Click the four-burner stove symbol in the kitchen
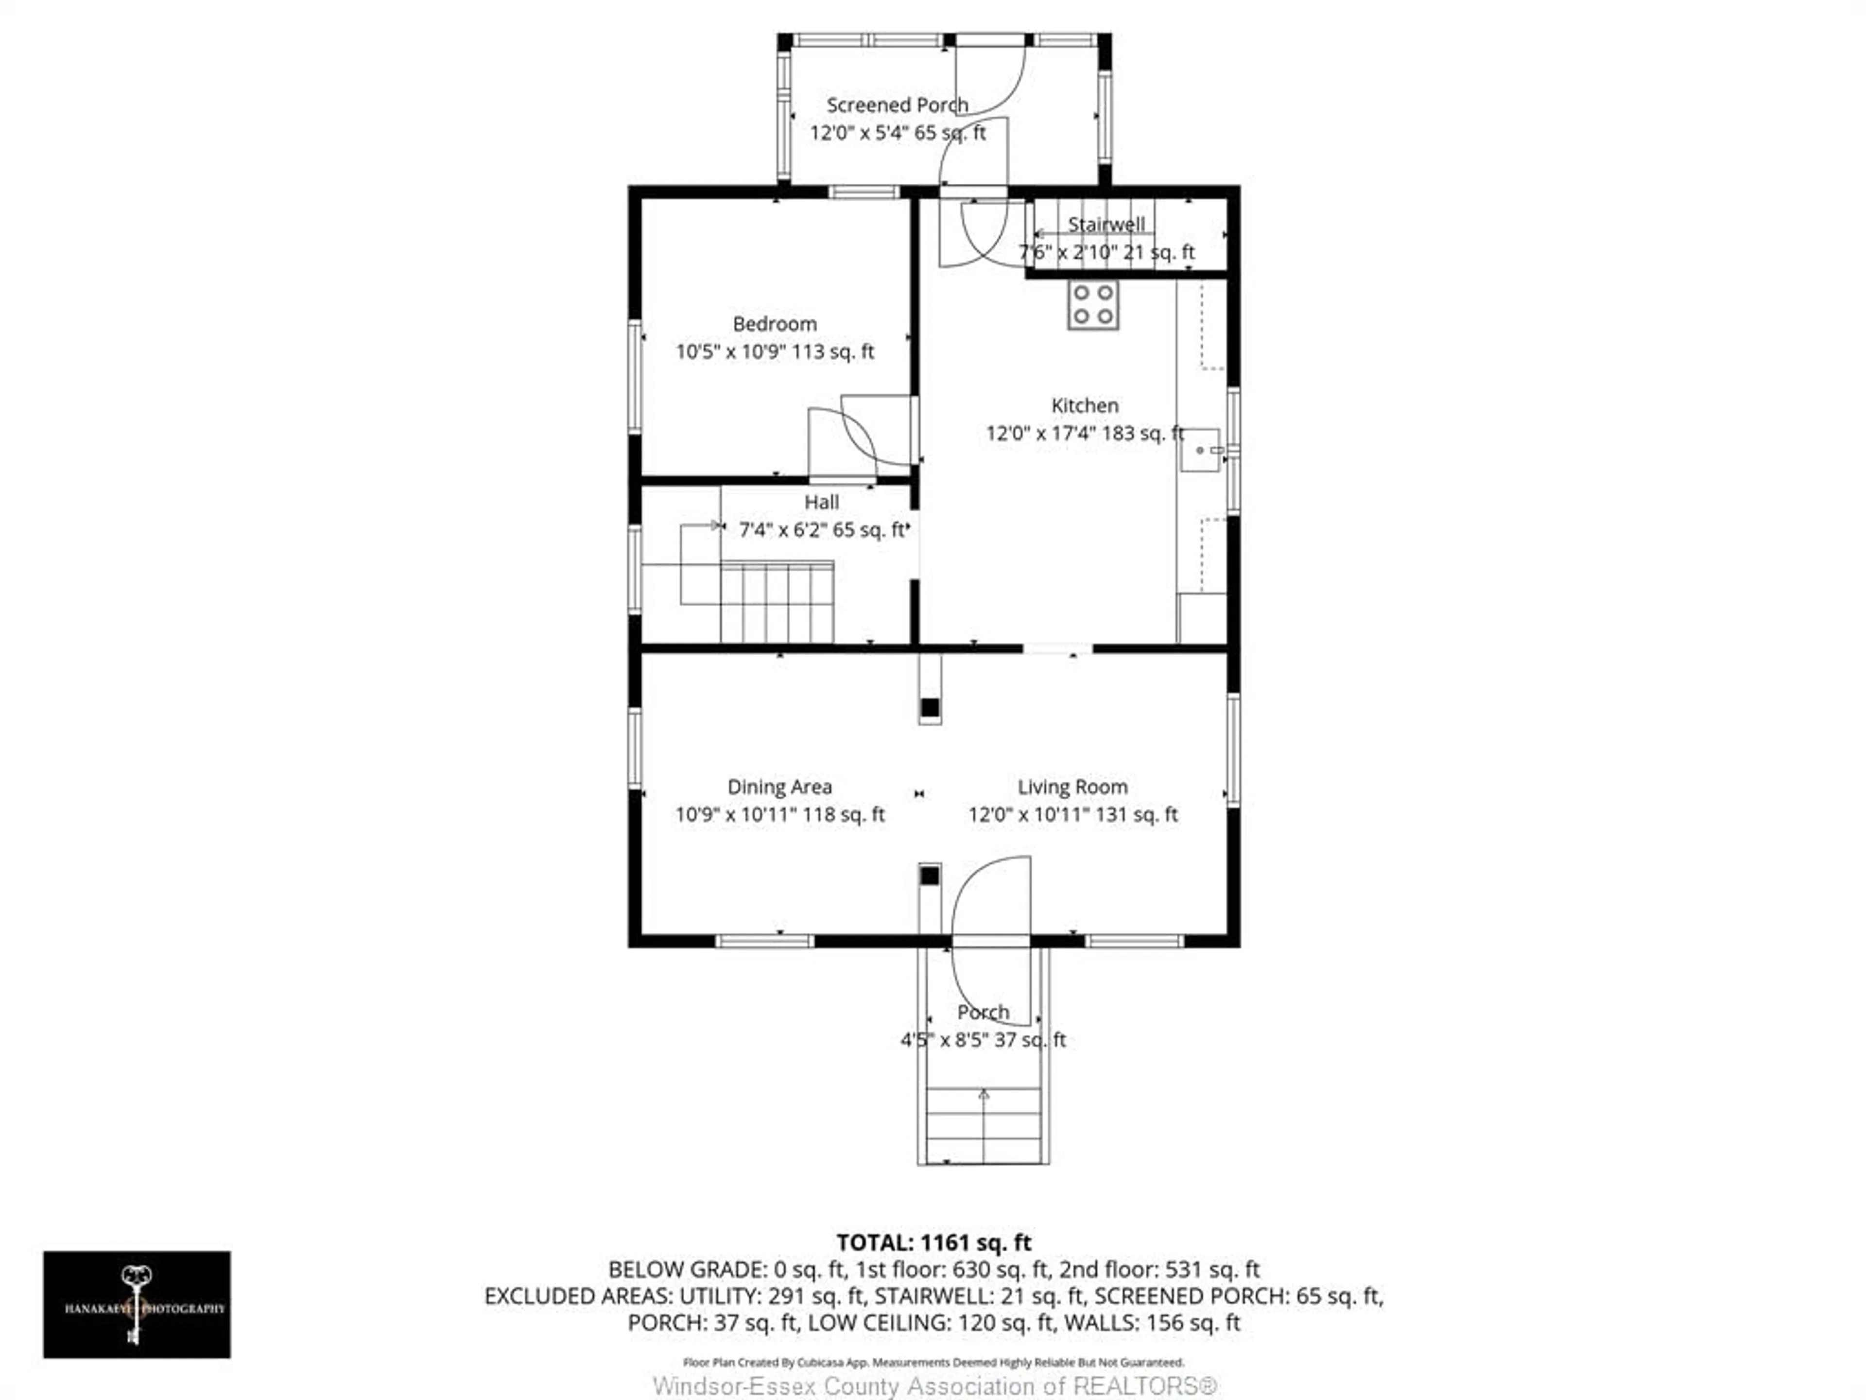tap(1093, 305)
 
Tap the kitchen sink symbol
tap(1200, 451)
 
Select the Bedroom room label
tap(775, 324)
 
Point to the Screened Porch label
tap(897, 105)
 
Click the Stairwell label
tap(1106, 225)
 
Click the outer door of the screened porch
tap(989, 76)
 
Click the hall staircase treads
tap(776, 602)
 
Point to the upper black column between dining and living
tap(930, 707)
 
